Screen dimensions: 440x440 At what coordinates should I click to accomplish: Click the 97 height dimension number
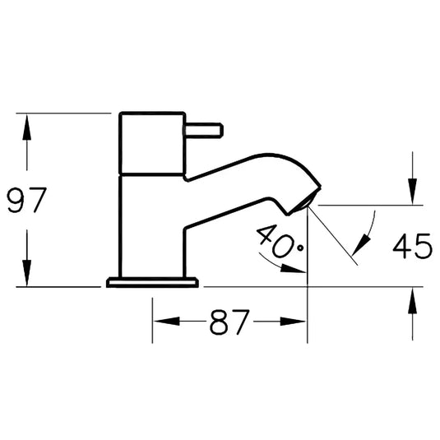coord(26,200)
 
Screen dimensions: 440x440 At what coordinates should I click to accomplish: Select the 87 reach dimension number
coord(229,322)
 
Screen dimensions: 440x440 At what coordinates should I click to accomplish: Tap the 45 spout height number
coord(412,246)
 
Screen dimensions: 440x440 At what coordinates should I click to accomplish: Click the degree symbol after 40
coord(300,248)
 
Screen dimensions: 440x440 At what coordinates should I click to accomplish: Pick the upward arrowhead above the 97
coord(26,127)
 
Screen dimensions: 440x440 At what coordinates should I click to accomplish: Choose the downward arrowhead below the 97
coord(26,273)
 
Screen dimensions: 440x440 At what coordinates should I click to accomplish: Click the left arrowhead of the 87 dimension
coord(167,322)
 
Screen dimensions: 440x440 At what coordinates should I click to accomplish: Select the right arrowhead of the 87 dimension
coord(293,322)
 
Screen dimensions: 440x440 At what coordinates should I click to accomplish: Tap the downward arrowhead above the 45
coord(413,192)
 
